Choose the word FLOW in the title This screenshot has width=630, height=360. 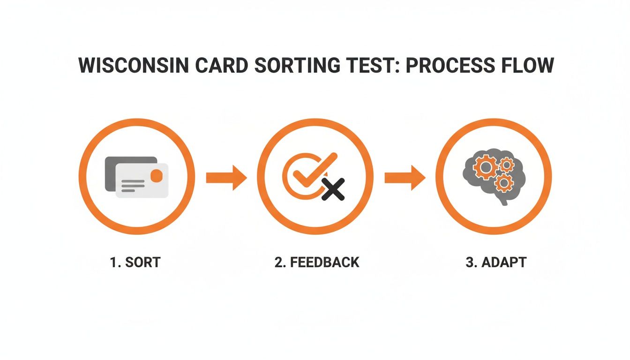pyautogui.click(x=527, y=66)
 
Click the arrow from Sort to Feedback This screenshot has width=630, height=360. pyautogui.click(x=226, y=178)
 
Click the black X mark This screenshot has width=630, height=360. pyautogui.click(x=333, y=189)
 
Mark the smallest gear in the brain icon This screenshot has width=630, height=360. pyautogui.click(x=506, y=164)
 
